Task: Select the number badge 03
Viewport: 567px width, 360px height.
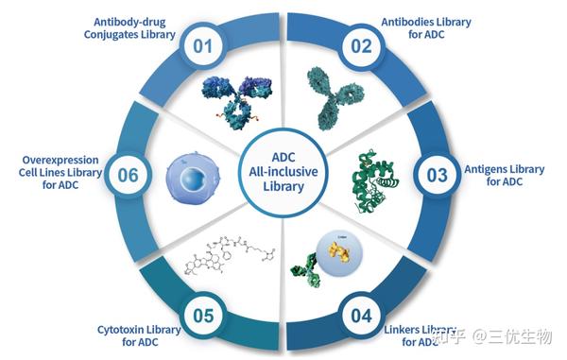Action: [436, 175]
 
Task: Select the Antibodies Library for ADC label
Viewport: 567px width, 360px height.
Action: [427, 28]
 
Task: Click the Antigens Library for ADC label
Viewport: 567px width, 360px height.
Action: [504, 175]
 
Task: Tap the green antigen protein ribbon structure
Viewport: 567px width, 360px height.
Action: [369, 175]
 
